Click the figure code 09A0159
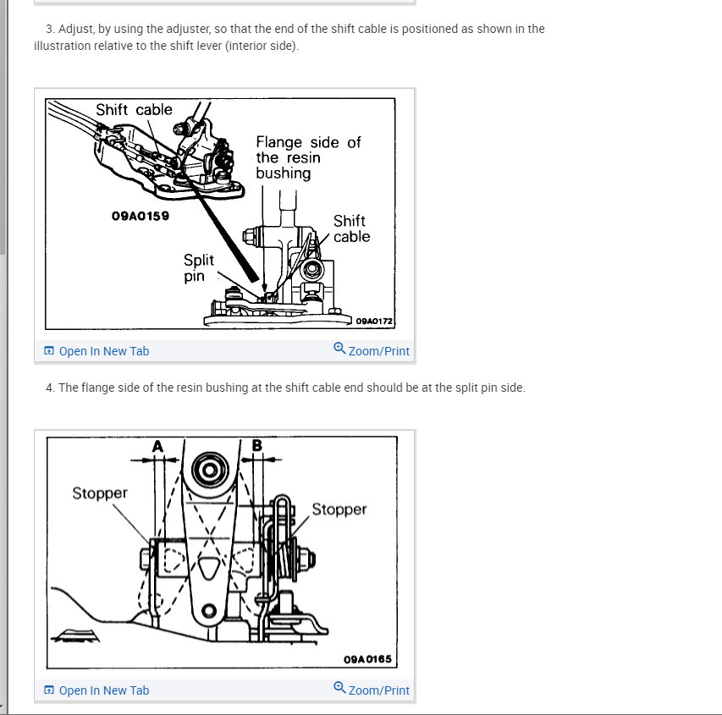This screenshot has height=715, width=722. pos(141,216)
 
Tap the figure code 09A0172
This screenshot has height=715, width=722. pos(374,321)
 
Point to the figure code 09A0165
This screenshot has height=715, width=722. pos(367,659)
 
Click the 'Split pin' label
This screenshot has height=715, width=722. pos(198,268)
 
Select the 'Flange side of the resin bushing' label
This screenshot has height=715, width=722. pos(308,157)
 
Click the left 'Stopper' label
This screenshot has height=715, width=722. pos(100,493)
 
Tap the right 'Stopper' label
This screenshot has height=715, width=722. pos(339,509)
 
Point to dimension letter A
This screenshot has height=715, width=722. pos(157,446)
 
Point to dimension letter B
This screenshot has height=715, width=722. pos(257,445)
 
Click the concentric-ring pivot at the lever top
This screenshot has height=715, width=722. pos(210,470)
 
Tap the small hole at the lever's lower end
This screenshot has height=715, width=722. pos(209,611)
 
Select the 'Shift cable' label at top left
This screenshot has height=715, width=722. pos(134,109)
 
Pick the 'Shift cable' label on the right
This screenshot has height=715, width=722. pos(351,228)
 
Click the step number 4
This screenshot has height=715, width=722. pos(50,388)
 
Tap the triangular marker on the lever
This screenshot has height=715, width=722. pos(209,567)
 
